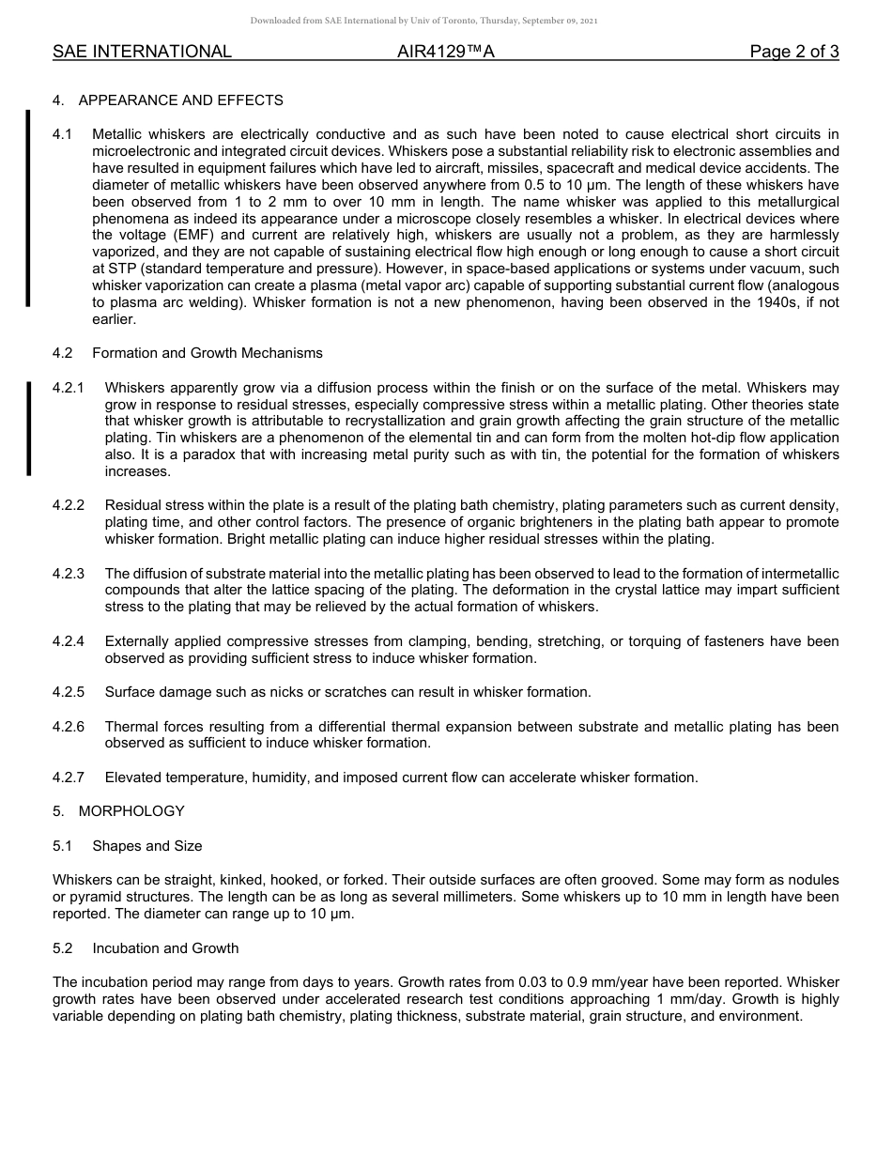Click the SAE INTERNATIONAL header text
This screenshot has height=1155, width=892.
pyautogui.click(x=142, y=53)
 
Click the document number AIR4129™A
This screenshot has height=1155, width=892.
pyautogui.click(x=445, y=53)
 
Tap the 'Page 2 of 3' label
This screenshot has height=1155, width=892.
pyautogui.click(x=793, y=53)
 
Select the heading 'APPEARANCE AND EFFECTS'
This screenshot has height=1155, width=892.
pyautogui.click(x=180, y=100)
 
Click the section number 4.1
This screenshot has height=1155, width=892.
pyautogui.click(x=63, y=135)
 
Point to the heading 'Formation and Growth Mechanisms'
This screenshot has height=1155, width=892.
pyautogui.click(x=207, y=353)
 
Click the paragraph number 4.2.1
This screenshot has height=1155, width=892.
pyautogui.click(x=69, y=388)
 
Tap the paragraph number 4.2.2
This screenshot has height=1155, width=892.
pyautogui.click(x=69, y=505)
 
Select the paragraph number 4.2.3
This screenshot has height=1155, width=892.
pyautogui.click(x=69, y=574)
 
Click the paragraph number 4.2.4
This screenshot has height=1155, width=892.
pyautogui.click(x=69, y=641)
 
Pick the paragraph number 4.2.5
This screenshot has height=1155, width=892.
pyautogui.click(x=69, y=692)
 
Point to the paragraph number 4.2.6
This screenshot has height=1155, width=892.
pyautogui.click(x=69, y=727)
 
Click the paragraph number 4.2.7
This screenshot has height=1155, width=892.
pyautogui.click(x=69, y=778)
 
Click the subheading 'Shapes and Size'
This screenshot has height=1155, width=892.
pyautogui.click(x=146, y=846)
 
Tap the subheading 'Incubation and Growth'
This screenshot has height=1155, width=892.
pyautogui.click(x=165, y=948)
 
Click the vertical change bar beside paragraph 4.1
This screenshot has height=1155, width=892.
pyautogui.click(x=28, y=208)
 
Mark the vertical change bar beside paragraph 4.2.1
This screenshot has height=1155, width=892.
pyautogui.click(x=28, y=429)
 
